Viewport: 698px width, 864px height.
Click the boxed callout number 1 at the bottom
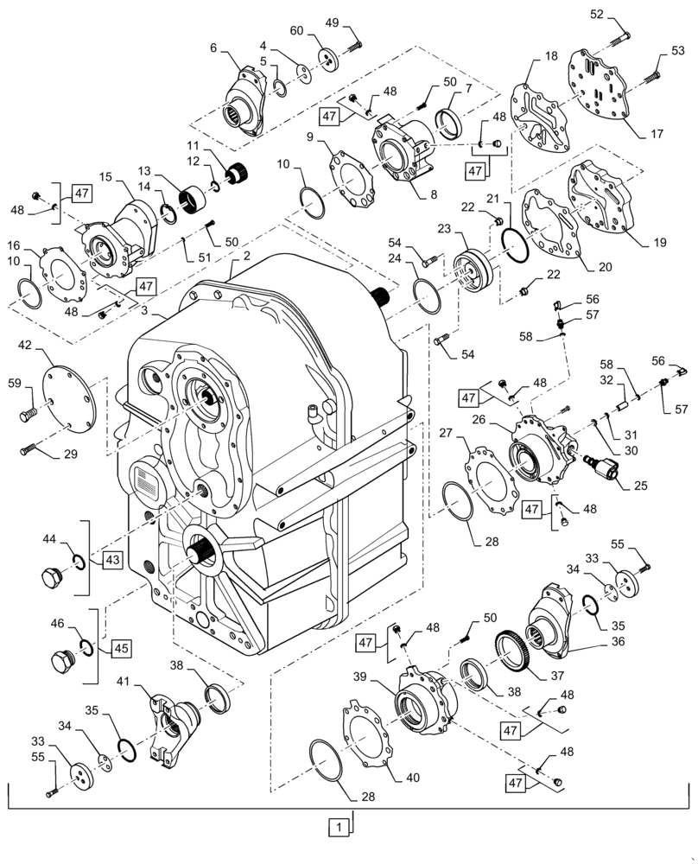340,827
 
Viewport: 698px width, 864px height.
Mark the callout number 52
597,15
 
